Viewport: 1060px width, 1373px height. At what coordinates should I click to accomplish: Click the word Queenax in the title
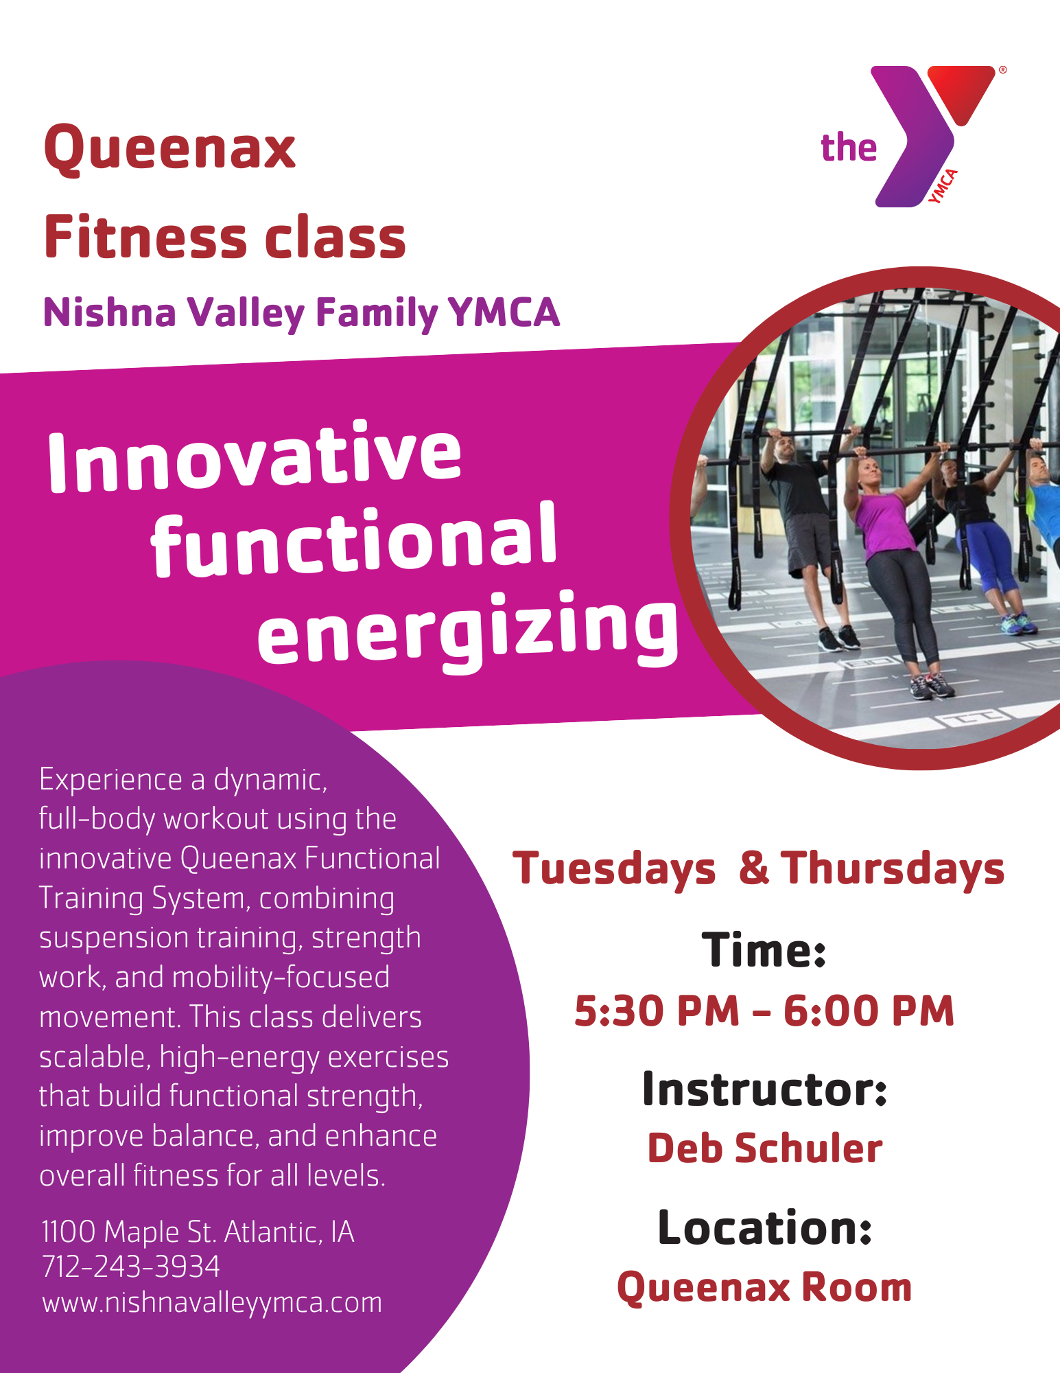(169, 148)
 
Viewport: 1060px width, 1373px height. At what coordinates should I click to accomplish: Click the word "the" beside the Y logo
(849, 148)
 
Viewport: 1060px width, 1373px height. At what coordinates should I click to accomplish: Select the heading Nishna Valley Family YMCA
(301, 313)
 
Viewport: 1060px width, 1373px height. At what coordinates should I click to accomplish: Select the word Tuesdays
(614, 869)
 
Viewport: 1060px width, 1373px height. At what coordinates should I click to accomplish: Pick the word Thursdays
(893, 869)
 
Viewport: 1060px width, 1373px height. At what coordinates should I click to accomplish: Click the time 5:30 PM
(657, 1011)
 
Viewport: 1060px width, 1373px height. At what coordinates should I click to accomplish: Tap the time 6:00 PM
(869, 1011)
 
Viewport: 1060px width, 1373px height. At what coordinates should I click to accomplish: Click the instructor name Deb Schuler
(765, 1149)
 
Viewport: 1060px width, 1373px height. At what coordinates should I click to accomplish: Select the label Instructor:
(765, 1089)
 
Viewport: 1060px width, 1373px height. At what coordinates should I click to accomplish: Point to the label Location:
(765, 1227)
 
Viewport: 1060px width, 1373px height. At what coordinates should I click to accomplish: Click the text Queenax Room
(764, 1287)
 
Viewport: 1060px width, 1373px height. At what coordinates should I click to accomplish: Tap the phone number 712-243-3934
(131, 1267)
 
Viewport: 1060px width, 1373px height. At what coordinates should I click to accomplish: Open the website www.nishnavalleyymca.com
(212, 1303)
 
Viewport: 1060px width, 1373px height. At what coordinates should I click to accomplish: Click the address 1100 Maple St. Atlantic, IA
(198, 1232)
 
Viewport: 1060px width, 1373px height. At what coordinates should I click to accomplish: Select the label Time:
(764, 950)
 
